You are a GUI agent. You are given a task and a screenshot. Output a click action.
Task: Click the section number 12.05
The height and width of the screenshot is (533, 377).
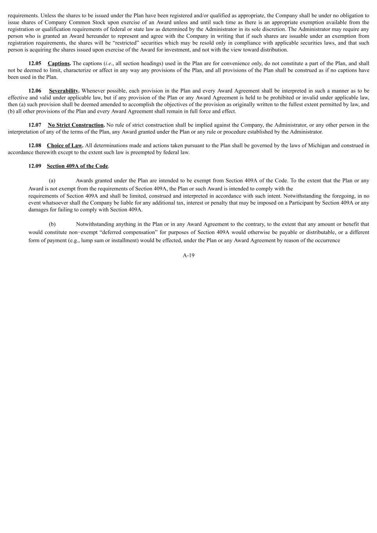click(x=35, y=63)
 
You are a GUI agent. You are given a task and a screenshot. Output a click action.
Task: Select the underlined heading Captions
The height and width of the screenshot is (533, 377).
click(x=59, y=63)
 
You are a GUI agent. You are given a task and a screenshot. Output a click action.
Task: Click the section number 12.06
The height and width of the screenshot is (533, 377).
click(x=35, y=91)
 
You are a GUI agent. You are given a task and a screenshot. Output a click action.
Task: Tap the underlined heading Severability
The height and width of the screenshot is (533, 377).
click(x=64, y=91)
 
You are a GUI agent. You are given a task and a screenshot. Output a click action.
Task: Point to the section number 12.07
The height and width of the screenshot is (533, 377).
click(x=35, y=125)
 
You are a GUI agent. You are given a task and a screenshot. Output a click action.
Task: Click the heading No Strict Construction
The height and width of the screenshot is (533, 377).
click(x=76, y=125)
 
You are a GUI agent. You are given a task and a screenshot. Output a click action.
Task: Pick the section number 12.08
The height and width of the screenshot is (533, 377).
click(x=35, y=145)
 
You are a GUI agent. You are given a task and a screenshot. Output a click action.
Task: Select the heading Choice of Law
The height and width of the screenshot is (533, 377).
click(x=64, y=145)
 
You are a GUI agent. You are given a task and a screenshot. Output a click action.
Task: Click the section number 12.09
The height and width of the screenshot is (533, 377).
click(x=35, y=166)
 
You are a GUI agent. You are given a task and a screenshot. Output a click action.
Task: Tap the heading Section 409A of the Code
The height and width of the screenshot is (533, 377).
click(x=77, y=166)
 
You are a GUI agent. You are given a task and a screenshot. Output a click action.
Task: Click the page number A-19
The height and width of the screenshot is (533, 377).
click(x=188, y=255)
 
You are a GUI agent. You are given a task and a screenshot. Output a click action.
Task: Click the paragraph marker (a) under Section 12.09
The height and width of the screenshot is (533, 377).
click(x=52, y=180)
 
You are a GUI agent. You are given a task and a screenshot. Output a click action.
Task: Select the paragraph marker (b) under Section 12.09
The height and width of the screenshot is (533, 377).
click(x=52, y=224)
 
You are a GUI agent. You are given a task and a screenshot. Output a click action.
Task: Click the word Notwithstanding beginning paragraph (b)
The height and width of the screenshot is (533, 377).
click(x=94, y=224)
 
